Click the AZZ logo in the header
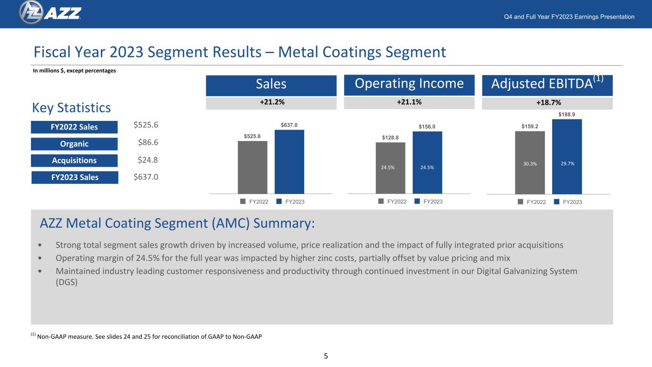tap(50, 12)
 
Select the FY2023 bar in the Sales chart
tap(289, 162)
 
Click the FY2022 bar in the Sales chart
tap(252, 167)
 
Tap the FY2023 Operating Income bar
tap(428, 162)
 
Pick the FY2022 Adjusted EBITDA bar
tap(530, 162)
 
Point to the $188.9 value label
tap(566, 115)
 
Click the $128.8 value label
tap(390, 138)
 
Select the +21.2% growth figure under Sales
tap(272, 102)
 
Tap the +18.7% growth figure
tap(549, 103)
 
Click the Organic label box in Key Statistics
tap(74, 144)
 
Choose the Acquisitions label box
tap(74, 161)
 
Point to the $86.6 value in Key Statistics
tap(148, 142)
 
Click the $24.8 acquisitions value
tap(148, 160)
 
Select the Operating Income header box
tap(409, 85)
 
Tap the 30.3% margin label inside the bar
tap(530, 164)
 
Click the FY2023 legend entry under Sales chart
tap(290, 202)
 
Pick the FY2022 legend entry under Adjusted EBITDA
tap(532, 202)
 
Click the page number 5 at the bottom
tap(326, 356)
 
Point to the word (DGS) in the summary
tap(67, 282)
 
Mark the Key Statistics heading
tap(71, 108)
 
